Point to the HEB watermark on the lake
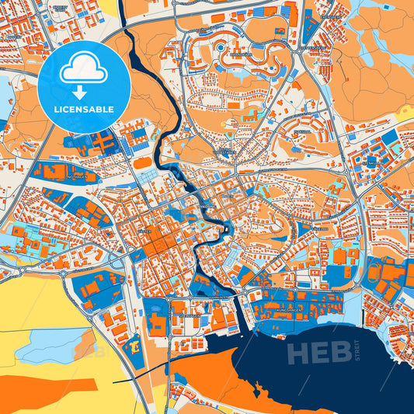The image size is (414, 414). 314,353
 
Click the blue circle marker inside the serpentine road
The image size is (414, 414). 221,47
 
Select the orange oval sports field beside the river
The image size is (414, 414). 143,163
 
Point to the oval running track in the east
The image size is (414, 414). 375,272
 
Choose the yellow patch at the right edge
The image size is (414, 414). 405,112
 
